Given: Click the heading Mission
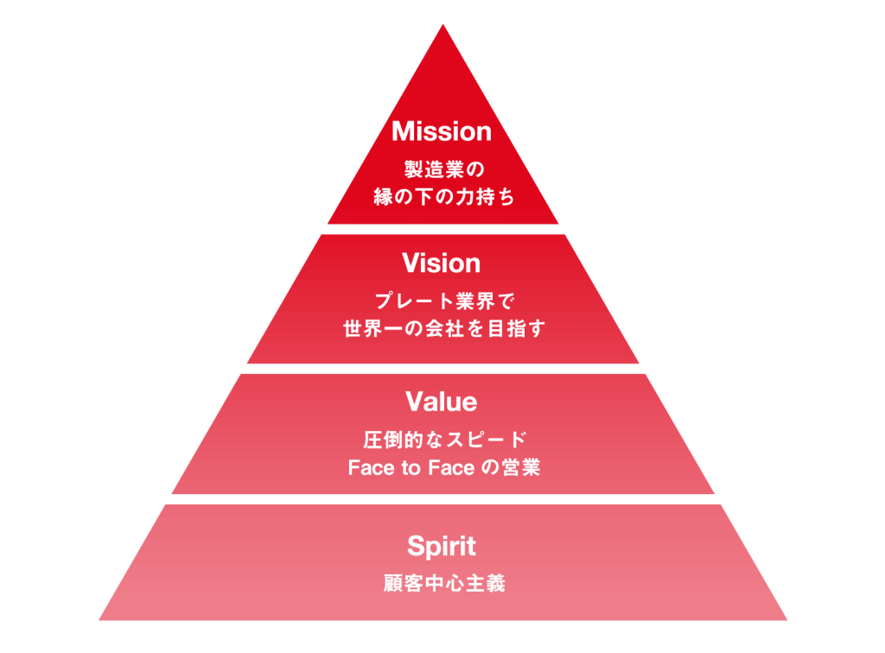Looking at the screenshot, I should (442, 131).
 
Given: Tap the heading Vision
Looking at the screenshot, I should (442, 263).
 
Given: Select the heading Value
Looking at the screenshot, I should (442, 402).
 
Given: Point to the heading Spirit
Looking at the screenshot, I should (442, 546).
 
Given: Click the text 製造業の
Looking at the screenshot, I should (442, 168).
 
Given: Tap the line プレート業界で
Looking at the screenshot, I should (442, 301).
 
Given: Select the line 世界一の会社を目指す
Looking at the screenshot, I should (442, 329).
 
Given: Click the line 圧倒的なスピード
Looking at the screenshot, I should (442, 439).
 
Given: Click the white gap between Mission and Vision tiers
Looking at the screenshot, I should (442, 229).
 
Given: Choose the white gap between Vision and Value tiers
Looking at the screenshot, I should (442, 369).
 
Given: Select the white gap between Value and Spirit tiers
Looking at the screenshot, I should (442, 499).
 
